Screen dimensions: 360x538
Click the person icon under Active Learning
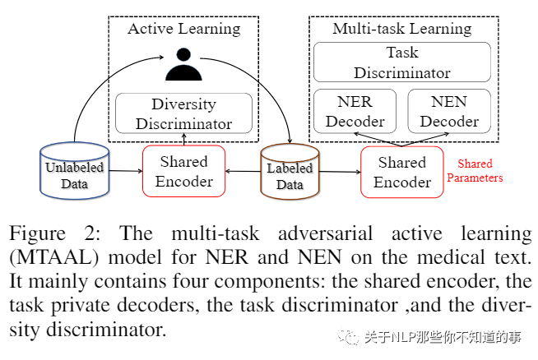(183, 64)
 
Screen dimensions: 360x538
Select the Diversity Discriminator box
(183, 114)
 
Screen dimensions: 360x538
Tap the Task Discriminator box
(401, 62)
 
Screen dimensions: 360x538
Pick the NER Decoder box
(355, 112)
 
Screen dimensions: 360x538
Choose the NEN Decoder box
(449, 112)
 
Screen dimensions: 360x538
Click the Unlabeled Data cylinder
(74, 172)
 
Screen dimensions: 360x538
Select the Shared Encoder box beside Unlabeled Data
(183, 172)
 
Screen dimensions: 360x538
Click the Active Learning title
(183, 29)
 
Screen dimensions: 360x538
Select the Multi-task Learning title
(401, 29)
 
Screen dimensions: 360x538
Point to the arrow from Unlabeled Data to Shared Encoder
(126, 171)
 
